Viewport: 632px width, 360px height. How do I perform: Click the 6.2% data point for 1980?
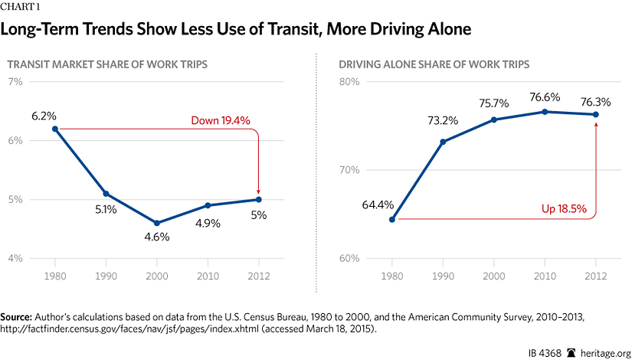point(54,129)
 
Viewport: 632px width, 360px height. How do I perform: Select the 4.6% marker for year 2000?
point(156,223)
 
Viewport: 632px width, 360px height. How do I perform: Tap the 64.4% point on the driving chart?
point(392,220)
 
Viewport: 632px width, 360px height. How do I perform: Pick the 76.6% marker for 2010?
point(545,112)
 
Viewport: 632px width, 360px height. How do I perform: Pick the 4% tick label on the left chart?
point(15,258)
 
